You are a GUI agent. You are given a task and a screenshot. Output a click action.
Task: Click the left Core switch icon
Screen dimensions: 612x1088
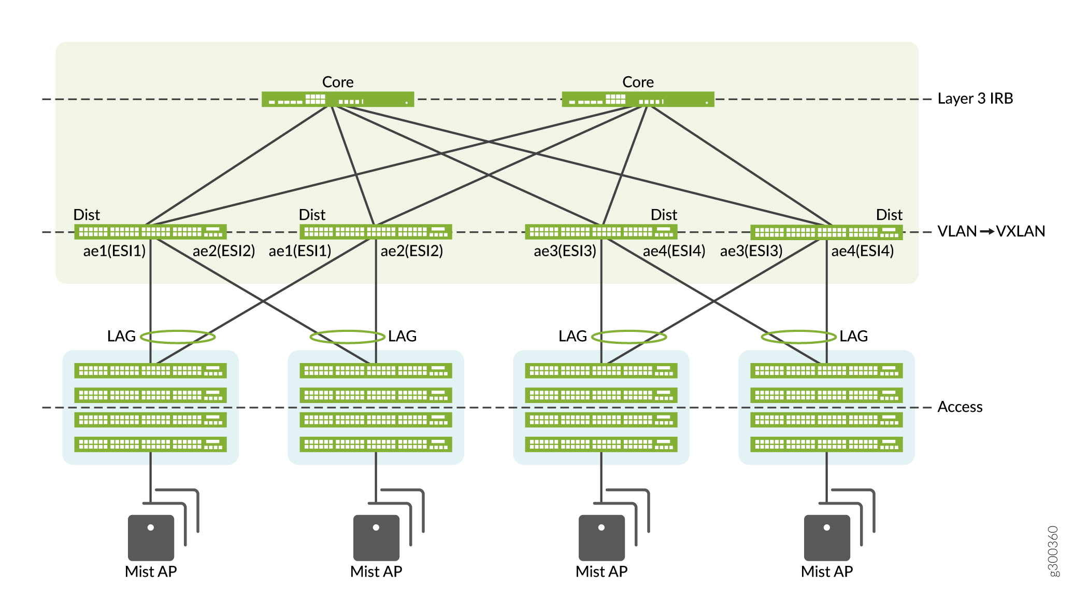click(x=337, y=99)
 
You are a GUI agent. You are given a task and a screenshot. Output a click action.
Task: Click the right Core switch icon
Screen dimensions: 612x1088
click(x=638, y=99)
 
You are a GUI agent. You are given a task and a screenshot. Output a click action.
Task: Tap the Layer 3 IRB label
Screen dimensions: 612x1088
click(x=975, y=99)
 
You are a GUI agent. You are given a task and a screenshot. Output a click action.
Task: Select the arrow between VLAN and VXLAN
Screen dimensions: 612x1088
click(x=987, y=231)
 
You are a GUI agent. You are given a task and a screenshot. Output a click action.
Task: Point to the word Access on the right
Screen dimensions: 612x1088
click(x=960, y=407)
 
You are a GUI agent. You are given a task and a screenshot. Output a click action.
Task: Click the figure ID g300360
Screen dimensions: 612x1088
click(x=1053, y=551)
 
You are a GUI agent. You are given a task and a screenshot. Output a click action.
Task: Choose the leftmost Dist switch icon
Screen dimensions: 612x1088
click(x=150, y=232)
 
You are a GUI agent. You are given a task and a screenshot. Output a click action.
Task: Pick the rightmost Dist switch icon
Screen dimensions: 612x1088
click(x=826, y=232)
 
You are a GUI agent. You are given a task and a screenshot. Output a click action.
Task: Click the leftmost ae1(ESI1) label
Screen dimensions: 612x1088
click(x=114, y=251)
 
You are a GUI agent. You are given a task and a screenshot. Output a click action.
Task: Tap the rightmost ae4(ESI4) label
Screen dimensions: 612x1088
click(x=863, y=251)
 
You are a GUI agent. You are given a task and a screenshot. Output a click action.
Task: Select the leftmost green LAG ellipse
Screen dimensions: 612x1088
click(x=178, y=337)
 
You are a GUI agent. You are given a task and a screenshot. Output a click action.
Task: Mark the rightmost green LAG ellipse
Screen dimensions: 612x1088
click(x=798, y=337)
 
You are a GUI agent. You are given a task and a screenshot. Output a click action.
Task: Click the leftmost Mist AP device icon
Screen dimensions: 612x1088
click(x=151, y=537)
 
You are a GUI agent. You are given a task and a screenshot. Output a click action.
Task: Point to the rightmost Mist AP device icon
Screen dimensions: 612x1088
click(x=827, y=537)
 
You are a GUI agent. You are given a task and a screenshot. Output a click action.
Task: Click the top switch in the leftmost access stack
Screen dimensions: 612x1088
click(x=150, y=371)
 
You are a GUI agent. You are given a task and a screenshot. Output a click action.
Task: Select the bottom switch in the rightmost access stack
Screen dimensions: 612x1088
click(x=826, y=444)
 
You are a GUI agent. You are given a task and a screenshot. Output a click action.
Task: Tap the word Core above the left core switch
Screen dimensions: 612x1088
click(x=338, y=82)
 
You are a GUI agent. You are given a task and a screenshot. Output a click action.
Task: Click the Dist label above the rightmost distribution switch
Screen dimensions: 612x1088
click(x=889, y=215)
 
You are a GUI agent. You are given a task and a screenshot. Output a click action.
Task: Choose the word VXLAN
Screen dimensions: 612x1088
click(x=1021, y=231)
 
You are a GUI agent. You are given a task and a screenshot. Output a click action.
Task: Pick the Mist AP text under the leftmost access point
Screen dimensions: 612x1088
click(x=151, y=572)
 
